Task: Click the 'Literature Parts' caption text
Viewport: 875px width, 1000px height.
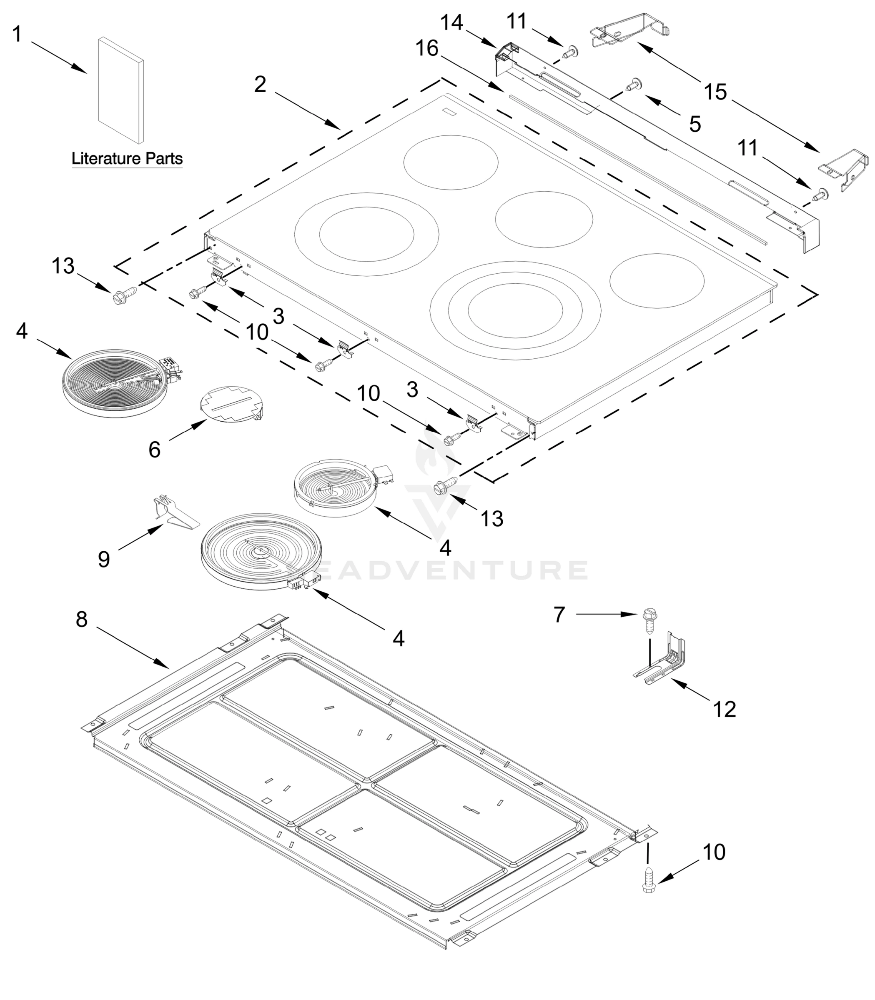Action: (x=127, y=159)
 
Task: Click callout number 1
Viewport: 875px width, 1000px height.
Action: (x=17, y=35)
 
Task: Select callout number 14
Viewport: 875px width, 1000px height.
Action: (x=451, y=22)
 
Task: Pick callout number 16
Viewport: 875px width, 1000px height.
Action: (x=427, y=49)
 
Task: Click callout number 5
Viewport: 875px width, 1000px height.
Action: (x=695, y=124)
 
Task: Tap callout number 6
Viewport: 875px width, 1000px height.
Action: (x=154, y=450)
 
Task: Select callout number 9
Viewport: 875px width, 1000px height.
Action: (x=103, y=559)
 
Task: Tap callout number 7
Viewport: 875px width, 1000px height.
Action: (x=559, y=615)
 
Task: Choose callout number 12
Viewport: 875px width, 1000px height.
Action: (x=725, y=709)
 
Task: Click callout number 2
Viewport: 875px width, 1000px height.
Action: (x=260, y=85)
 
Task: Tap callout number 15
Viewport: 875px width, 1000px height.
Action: (x=716, y=92)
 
